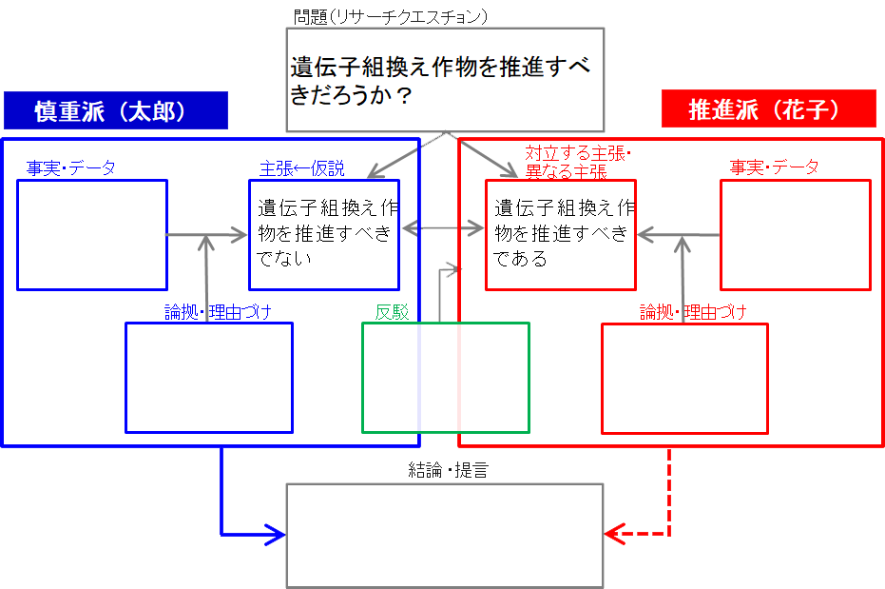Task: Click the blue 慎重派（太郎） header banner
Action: point(115,110)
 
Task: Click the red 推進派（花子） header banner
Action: point(768,110)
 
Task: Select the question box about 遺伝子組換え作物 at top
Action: point(445,80)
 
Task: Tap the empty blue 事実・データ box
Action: point(92,234)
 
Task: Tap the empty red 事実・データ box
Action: point(795,234)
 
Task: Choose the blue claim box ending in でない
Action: point(323,234)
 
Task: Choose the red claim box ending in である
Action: point(560,234)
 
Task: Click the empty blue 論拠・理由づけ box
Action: point(209,378)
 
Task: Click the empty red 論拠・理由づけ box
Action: point(684,378)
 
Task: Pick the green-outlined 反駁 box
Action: point(445,378)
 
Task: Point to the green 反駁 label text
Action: point(392,312)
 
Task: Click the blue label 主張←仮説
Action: point(301,169)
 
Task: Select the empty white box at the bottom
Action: point(445,536)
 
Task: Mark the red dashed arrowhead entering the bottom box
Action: point(614,534)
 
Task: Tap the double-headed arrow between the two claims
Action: point(442,228)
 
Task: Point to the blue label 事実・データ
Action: point(71,168)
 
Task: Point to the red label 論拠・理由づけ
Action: point(693,312)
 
